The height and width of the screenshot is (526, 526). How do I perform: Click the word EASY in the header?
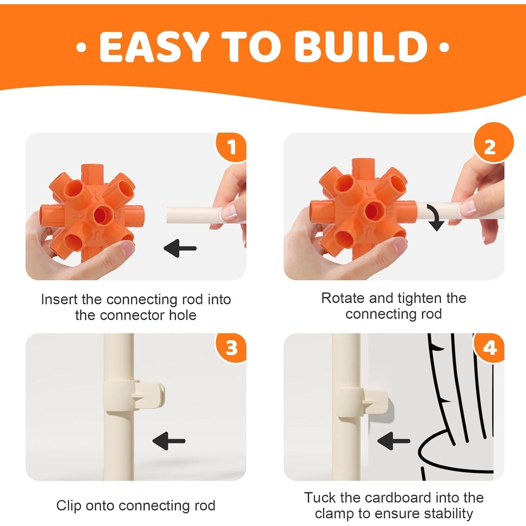tap(155, 47)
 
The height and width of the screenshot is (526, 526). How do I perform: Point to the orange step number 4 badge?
tap(490, 348)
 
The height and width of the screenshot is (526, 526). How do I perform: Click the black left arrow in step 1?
tap(180, 248)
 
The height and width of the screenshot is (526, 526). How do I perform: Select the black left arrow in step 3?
tap(169, 441)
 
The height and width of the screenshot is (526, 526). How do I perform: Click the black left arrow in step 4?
tap(393, 441)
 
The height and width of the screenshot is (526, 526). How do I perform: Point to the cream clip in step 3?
tap(133, 396)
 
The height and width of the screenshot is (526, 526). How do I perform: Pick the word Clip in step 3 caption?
tap(69, 506)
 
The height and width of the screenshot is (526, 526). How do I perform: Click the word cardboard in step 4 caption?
tap(395, 498)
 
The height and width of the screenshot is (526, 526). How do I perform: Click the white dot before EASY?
tap(81, 47)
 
